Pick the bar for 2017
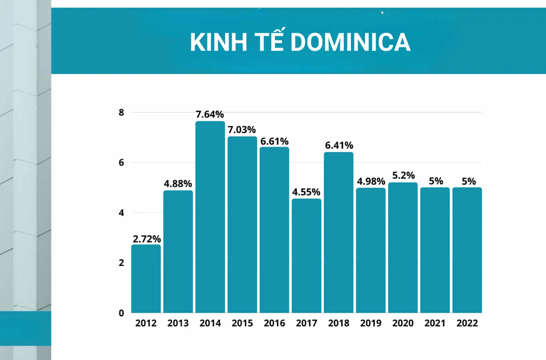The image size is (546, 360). click(x=307, y=256)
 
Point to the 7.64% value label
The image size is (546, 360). click(x=210, y=114)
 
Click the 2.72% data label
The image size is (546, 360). click(x=147, y=239)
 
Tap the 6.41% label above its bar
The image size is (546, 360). click(x=339, y=145)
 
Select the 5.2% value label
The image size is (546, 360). click(x=403, y=175)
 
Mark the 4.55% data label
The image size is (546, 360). click(x=306, y=192)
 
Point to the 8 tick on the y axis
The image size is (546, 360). click(x=122, y=112)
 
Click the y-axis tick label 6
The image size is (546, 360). click(x=122, y=162)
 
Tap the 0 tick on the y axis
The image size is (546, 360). click(x=122, y=313)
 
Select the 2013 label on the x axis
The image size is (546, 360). click(x=178, y=323)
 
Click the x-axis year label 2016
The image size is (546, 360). click(x=274, y=323)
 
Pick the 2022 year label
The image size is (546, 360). click(x=467, y=323)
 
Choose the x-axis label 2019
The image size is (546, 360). click(x=371, y=323)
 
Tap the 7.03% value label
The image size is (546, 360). click(x=242, y=130)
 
